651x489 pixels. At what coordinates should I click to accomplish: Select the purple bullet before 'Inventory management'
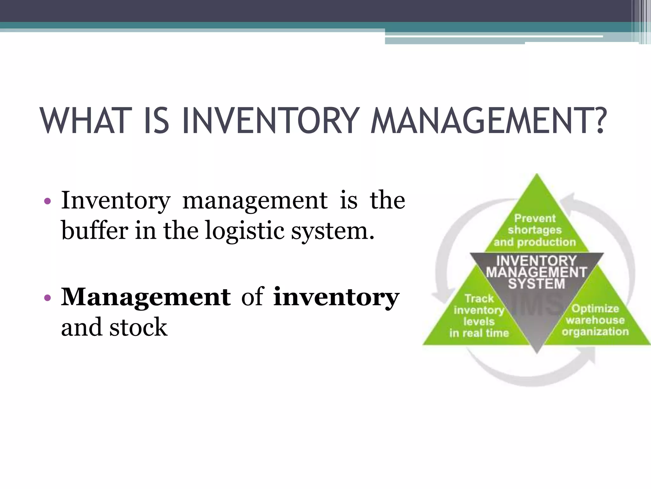(x=47, y=201)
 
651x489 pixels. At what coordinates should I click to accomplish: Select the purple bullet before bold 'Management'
(x=47, y=298)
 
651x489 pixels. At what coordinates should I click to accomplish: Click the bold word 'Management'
(x=146, y=297)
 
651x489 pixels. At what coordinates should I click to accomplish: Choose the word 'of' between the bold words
(x=252, y=297)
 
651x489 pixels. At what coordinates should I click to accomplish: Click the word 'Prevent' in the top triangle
(x=535, y=218)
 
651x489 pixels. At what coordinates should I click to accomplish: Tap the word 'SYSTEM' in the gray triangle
(x=537, y=284)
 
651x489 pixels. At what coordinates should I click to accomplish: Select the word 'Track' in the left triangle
(x=479, y=299)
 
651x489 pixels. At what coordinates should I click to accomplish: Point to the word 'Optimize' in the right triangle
(x=595, y=308)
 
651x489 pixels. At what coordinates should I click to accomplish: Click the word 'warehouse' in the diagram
(x=595, y=320)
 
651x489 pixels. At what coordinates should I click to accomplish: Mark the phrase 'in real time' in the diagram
(x=479, y=333)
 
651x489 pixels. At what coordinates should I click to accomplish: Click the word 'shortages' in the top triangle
(x=535, y=230)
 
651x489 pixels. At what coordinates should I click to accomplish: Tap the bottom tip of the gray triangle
(x=537, y=352)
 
